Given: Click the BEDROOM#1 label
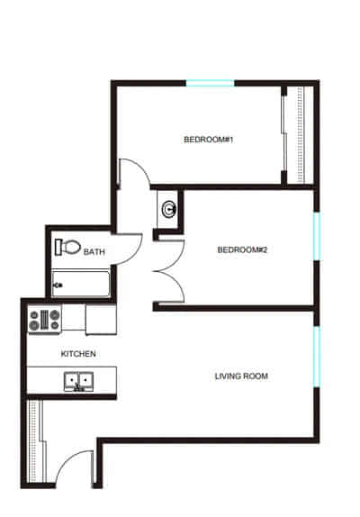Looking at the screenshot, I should (202, 139).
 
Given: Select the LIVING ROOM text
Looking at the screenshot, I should (241, 376).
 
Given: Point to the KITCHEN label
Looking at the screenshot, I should (78, 354).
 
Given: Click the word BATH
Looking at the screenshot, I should (94, 253).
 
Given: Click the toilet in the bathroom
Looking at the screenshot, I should (68, 246).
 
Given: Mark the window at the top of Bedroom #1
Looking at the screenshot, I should (210, 84).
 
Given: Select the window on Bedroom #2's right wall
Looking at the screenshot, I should (315, 236).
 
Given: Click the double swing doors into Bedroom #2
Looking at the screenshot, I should (167, 273).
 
